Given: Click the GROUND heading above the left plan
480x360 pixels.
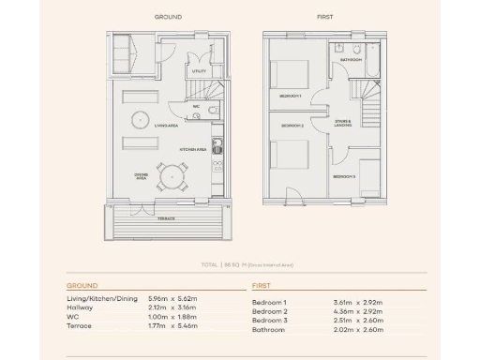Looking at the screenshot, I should tap(168, 17).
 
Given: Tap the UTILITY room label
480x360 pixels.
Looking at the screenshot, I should tap(200, 70).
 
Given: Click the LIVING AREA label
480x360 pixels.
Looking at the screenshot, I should tap(167, 125).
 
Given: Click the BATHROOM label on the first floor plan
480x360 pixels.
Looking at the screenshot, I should tap(351, 60).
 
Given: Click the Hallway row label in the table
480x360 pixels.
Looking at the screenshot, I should tap(80, 307).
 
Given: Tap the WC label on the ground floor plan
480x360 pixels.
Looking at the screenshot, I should tap(196, 106).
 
